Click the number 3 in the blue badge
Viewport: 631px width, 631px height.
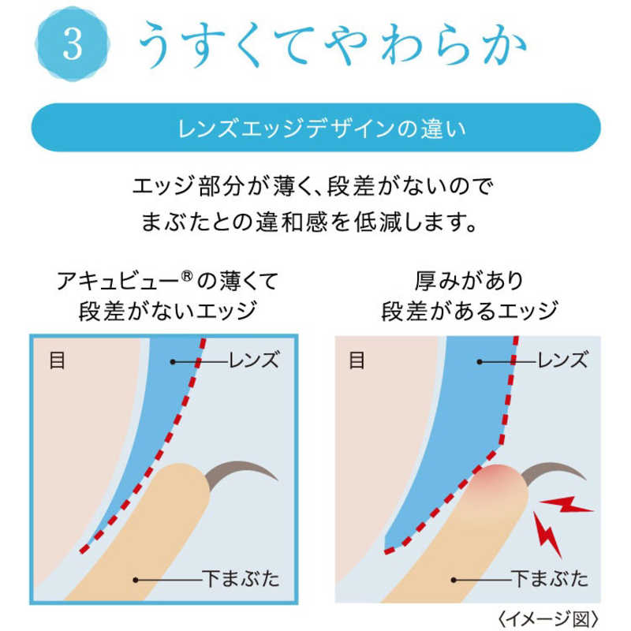pos(73,44)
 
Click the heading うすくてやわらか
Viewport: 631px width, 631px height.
pos(332,44)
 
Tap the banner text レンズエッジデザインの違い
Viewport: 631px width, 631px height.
pos(322,129)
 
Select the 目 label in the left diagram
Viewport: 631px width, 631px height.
pos(57,360)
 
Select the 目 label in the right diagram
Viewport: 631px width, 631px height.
pos(357,360)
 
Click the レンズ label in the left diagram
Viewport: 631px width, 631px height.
pos(254,360)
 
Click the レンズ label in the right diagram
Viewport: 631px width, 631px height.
pos(562,360)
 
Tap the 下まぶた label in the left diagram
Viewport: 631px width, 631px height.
pos(241,579)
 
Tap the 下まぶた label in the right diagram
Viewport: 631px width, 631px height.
pos(550,579)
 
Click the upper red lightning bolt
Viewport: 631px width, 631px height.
pos(566,505)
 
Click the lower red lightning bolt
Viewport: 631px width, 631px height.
pos(547,534)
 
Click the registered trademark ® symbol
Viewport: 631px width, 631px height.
pos(187,276)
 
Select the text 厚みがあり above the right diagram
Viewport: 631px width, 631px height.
pos(469,281)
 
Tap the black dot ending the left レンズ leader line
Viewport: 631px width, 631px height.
pos(173,362)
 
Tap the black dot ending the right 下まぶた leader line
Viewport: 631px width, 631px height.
pos(454,580)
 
